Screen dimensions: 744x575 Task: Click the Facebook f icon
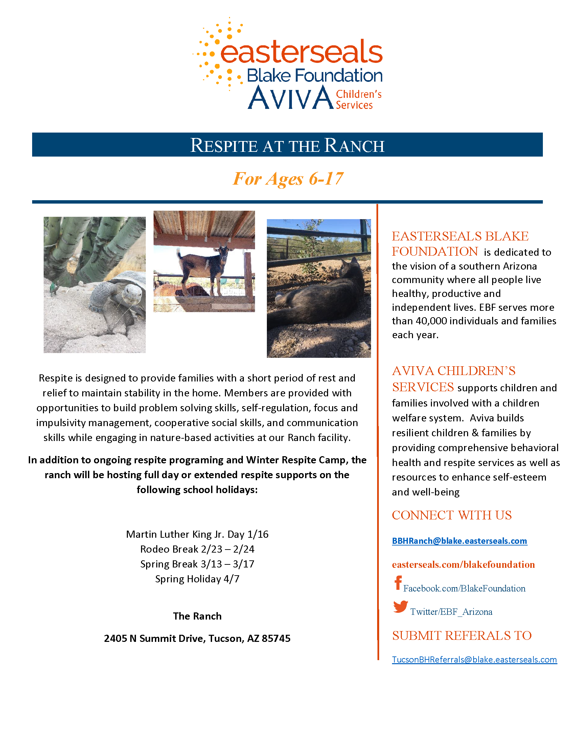click(x=398, y=583)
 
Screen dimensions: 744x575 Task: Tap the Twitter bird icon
click(x=400, y=607)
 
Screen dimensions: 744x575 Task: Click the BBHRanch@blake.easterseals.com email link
click(x=459, y=541)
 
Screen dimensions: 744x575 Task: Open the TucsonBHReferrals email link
click(x=474, y=659)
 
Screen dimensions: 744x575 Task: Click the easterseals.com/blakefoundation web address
click(x=463, y=565)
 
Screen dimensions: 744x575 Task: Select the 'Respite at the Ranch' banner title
click(x=287, y=145)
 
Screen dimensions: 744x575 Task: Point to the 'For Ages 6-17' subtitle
click(x=288, y=179)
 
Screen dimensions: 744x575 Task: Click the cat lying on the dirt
click(x=320, y=300)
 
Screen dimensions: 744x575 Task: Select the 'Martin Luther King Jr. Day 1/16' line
click(x=197, y=534)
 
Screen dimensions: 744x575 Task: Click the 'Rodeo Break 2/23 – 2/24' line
click(x=197, y=549)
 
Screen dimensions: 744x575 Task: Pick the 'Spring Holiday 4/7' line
click(x=197, y=579)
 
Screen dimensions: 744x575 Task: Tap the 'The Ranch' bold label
click(x=197, y=616)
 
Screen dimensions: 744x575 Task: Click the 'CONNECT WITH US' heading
click(x=452, y=515)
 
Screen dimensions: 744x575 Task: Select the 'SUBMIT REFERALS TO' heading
click(x=462, y=635)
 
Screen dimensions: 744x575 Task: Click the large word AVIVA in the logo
click(x=291, y=98)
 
